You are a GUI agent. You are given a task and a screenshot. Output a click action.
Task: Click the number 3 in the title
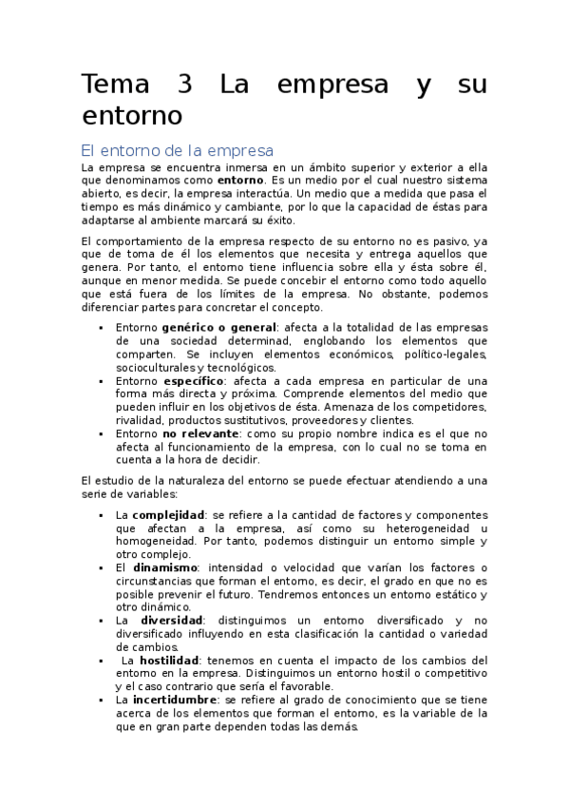click(184, 84)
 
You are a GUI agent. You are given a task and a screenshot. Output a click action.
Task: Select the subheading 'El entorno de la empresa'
click(178, 149)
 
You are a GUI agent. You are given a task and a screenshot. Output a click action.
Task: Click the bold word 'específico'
click(194, 380)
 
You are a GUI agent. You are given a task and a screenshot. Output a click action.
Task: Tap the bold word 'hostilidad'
click(169, 660)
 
